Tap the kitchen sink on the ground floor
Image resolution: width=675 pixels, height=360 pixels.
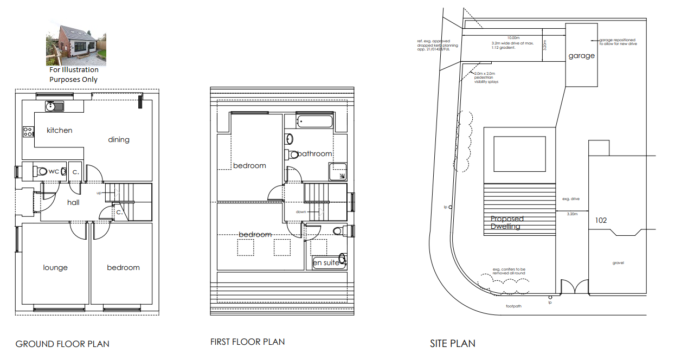pos(55,106)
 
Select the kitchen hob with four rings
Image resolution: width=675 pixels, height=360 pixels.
pos(28,131)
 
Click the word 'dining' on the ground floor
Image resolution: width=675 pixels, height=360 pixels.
pos(119,140)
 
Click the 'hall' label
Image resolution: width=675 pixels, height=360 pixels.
pos(74,202)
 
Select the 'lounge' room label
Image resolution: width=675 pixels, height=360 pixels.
pos(55,268)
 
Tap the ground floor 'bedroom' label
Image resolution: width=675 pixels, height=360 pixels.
pos(123,268)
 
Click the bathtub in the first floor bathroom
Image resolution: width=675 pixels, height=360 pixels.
pos(314,121)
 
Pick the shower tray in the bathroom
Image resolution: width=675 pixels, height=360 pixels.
pos(338,172)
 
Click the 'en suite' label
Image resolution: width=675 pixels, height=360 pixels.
pos(326,263)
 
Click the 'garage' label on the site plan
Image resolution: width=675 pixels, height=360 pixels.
pos(581,56)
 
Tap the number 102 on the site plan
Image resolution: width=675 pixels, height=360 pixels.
pos(601,221)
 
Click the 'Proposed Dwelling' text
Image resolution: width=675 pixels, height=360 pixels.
pos(507,223)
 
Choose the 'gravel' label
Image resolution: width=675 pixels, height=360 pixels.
pos(618,263)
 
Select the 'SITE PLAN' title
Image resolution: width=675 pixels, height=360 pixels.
pos(452,343)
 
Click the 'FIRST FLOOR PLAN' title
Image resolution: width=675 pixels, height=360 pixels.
pos(247,342)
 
